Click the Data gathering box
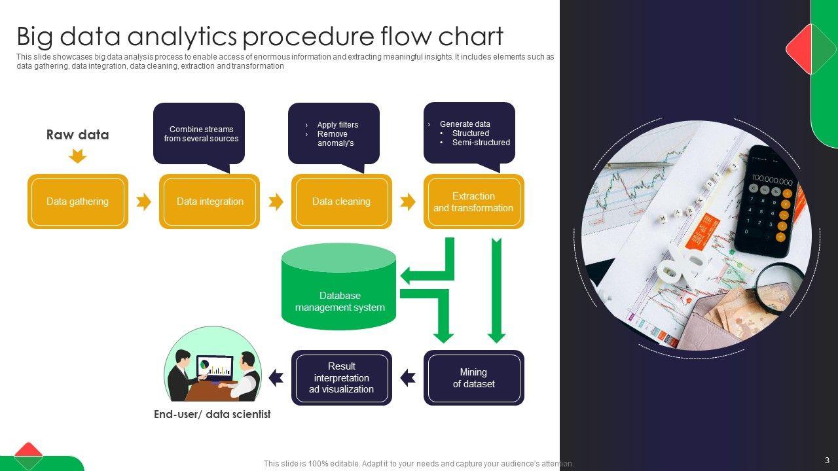coord(77,201)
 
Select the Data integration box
coord(209,201)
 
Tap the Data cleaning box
coord(341,201)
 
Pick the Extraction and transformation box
coord(473,201)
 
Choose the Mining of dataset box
coord(473,378)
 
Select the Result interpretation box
coord(341,378)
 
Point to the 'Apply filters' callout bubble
coord(334,133)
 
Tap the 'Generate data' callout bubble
coord(469,132)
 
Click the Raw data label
coord(77,135)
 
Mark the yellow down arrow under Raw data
coord(77,156)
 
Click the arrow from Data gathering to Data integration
coord(143,201)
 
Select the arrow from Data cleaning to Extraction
coord(408,201)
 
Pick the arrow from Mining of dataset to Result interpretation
coord(408,377)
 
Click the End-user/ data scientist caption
coord(212,414)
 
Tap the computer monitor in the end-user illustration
coord(215,366)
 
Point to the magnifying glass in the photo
coord(780,288)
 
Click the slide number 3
coord(827,460)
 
